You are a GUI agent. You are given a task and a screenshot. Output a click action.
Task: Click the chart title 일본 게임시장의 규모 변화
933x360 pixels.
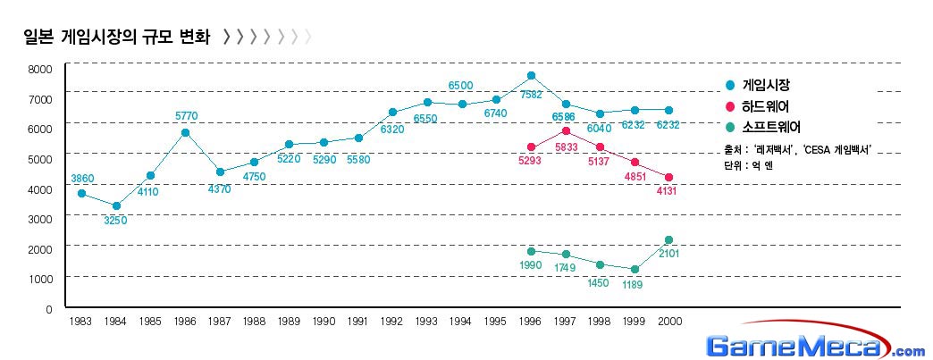[x=116, y=38]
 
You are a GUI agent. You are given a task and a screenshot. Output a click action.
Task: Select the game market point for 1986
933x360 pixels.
[x=185, y=132]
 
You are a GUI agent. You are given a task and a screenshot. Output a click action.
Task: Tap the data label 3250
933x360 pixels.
[x=115, y=220]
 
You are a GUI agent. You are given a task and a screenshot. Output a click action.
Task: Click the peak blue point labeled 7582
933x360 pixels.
[x=531, y=76]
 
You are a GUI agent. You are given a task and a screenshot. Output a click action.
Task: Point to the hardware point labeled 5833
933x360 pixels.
[x=566, y=130]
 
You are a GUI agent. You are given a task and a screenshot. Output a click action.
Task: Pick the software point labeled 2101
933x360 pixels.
[x=669, y=240]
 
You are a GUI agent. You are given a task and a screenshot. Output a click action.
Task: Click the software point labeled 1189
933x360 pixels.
[x=635, y=269]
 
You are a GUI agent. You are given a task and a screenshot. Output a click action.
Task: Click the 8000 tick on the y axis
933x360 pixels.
[x=40, y=69]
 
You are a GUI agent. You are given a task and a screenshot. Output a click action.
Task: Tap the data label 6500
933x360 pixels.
[x=460, y=86]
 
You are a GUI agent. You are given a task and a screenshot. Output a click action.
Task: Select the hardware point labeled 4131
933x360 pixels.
[x=669, y=177]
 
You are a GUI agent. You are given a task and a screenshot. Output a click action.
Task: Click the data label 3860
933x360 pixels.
[x=82, y=180]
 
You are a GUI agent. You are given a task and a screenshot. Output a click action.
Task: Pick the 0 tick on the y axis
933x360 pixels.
[x=49, y=309]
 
